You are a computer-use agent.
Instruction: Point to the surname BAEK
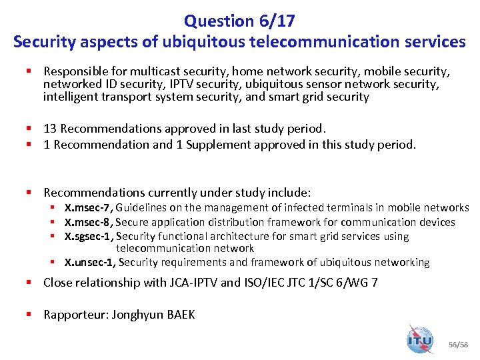(x=177, y=314)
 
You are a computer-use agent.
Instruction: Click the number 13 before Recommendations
(x=50, y=128)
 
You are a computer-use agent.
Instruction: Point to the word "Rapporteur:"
(x=75, y=314)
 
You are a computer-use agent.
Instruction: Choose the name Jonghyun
(x=133, y=314)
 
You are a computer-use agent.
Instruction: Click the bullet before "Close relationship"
(x=30, y=282)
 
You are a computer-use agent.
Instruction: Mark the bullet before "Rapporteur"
(x=30, y=314)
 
